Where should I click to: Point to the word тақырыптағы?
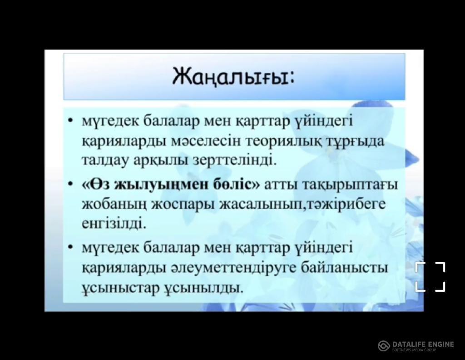[x=350, y=185]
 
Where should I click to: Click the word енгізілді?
[x=114, y=224]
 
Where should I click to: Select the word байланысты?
[x=344, y=268]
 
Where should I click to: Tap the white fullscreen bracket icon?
[x=430, y=277]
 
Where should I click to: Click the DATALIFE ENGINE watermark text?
[x=423, y=344]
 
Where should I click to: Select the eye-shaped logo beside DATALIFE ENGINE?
[x=384, y=346]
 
